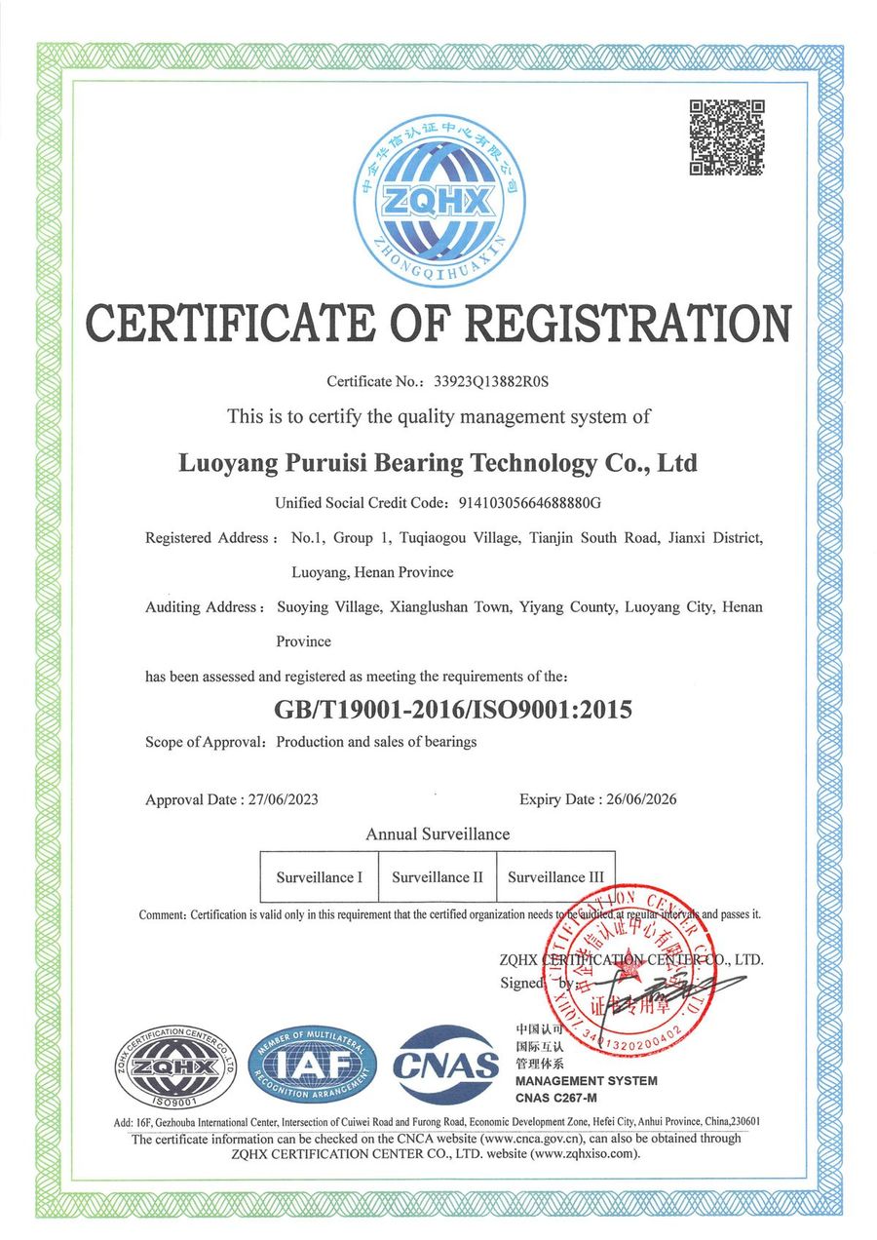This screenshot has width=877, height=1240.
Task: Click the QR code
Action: click(x=726, y=137)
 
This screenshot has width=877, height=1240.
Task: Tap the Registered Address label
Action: click(x=206, y=538)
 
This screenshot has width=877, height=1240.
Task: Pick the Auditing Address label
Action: click(x=202, y=607)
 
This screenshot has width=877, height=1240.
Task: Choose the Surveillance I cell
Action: click(x=319, y=877)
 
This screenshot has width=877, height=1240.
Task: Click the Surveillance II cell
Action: click(x=438, y=877)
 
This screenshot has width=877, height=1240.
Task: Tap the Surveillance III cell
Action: click(x=555, y=877)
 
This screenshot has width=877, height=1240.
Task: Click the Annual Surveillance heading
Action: click(x=438, y=834)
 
